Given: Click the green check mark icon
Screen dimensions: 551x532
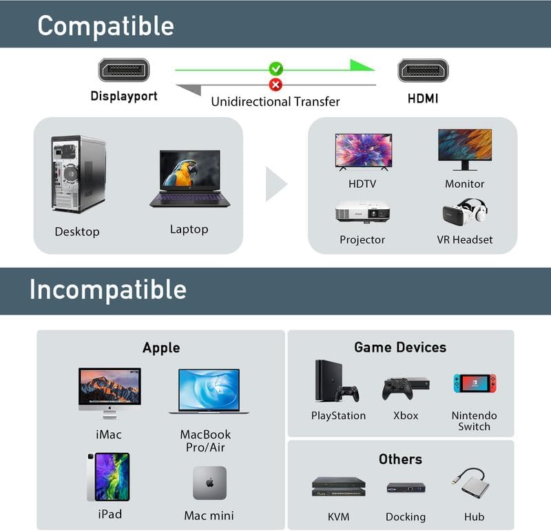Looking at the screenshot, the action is coord(275,69).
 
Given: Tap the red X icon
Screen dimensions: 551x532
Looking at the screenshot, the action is coord(275,85).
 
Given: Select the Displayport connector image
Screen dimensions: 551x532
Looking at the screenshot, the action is coord(124,70).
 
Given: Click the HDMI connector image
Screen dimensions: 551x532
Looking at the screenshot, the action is coord(423,70).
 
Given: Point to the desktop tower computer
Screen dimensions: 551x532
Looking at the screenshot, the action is coord(78,173).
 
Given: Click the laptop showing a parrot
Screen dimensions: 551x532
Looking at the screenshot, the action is coord(189,178).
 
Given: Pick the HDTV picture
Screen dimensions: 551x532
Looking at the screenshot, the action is coord(363,151).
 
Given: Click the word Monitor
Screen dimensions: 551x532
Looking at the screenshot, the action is coord(465,184).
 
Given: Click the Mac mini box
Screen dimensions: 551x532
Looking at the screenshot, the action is coord(209,482).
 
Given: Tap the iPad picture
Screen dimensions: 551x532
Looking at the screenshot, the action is coord(109,477).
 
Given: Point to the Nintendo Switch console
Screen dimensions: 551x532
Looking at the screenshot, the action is coord(474,384).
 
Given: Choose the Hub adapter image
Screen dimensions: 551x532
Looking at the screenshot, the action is coord(474,485).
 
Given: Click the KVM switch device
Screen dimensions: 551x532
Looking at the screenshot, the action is coord(337,487).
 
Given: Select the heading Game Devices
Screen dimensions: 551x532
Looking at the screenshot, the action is coord(400,348).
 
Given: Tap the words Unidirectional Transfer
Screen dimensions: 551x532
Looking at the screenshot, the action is coord(275,102).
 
